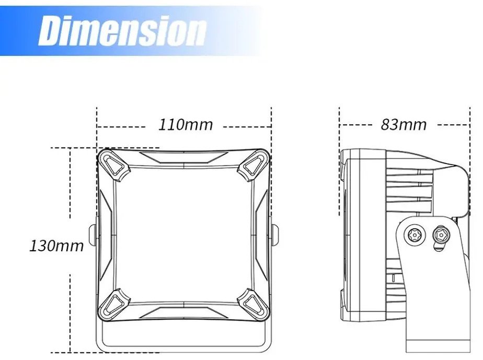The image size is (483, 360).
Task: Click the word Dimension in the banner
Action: click(122, 31)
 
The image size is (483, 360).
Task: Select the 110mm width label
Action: click(186, 125)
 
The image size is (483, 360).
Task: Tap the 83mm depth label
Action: click(404, 125)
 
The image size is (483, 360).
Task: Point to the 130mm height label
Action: click(56, 246)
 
